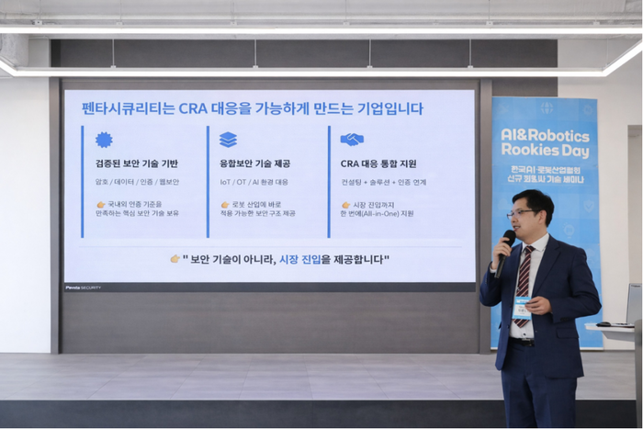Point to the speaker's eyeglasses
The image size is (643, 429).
click(x=522, y=214)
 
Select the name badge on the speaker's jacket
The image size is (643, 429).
click(x=522, y=306)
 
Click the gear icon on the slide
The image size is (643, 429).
click(x=104, y=140)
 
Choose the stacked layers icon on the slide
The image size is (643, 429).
click(x=228, y=140)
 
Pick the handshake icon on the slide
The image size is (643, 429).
click(x=352, y=140)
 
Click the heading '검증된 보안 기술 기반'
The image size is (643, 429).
click(x=137, y=164)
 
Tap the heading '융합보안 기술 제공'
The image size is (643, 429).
click(x=256, y=164)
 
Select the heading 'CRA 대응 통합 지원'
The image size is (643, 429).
click(x=378, y=164)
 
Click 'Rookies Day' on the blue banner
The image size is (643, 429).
click(x=546, y=152)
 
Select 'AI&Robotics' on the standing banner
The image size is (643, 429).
click(x=546, y=133)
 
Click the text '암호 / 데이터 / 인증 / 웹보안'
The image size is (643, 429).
click(x=137, y=182)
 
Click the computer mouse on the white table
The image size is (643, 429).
click(x=603, y=324)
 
